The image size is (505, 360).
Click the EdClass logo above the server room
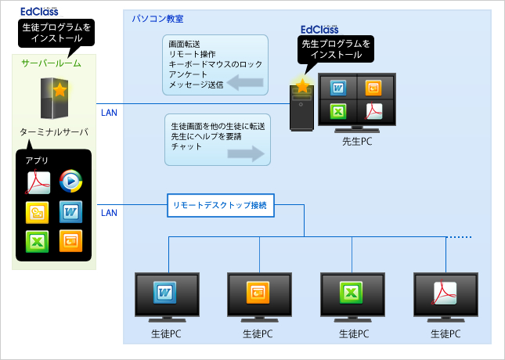[x=44, y=11]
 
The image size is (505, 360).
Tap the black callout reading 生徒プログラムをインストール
[x=54, y=32]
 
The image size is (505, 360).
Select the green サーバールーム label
[x=50, y=63]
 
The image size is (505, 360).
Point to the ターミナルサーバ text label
[x=54, y=132]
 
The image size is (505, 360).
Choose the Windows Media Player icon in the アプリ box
[x=70, y=182]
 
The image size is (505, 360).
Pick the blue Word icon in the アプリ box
[x=70, y=211]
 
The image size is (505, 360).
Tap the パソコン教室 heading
[x=153, y=17]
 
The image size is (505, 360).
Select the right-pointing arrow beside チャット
[x=245, y=154]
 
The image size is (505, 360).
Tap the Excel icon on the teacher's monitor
[x=339, y=110]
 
